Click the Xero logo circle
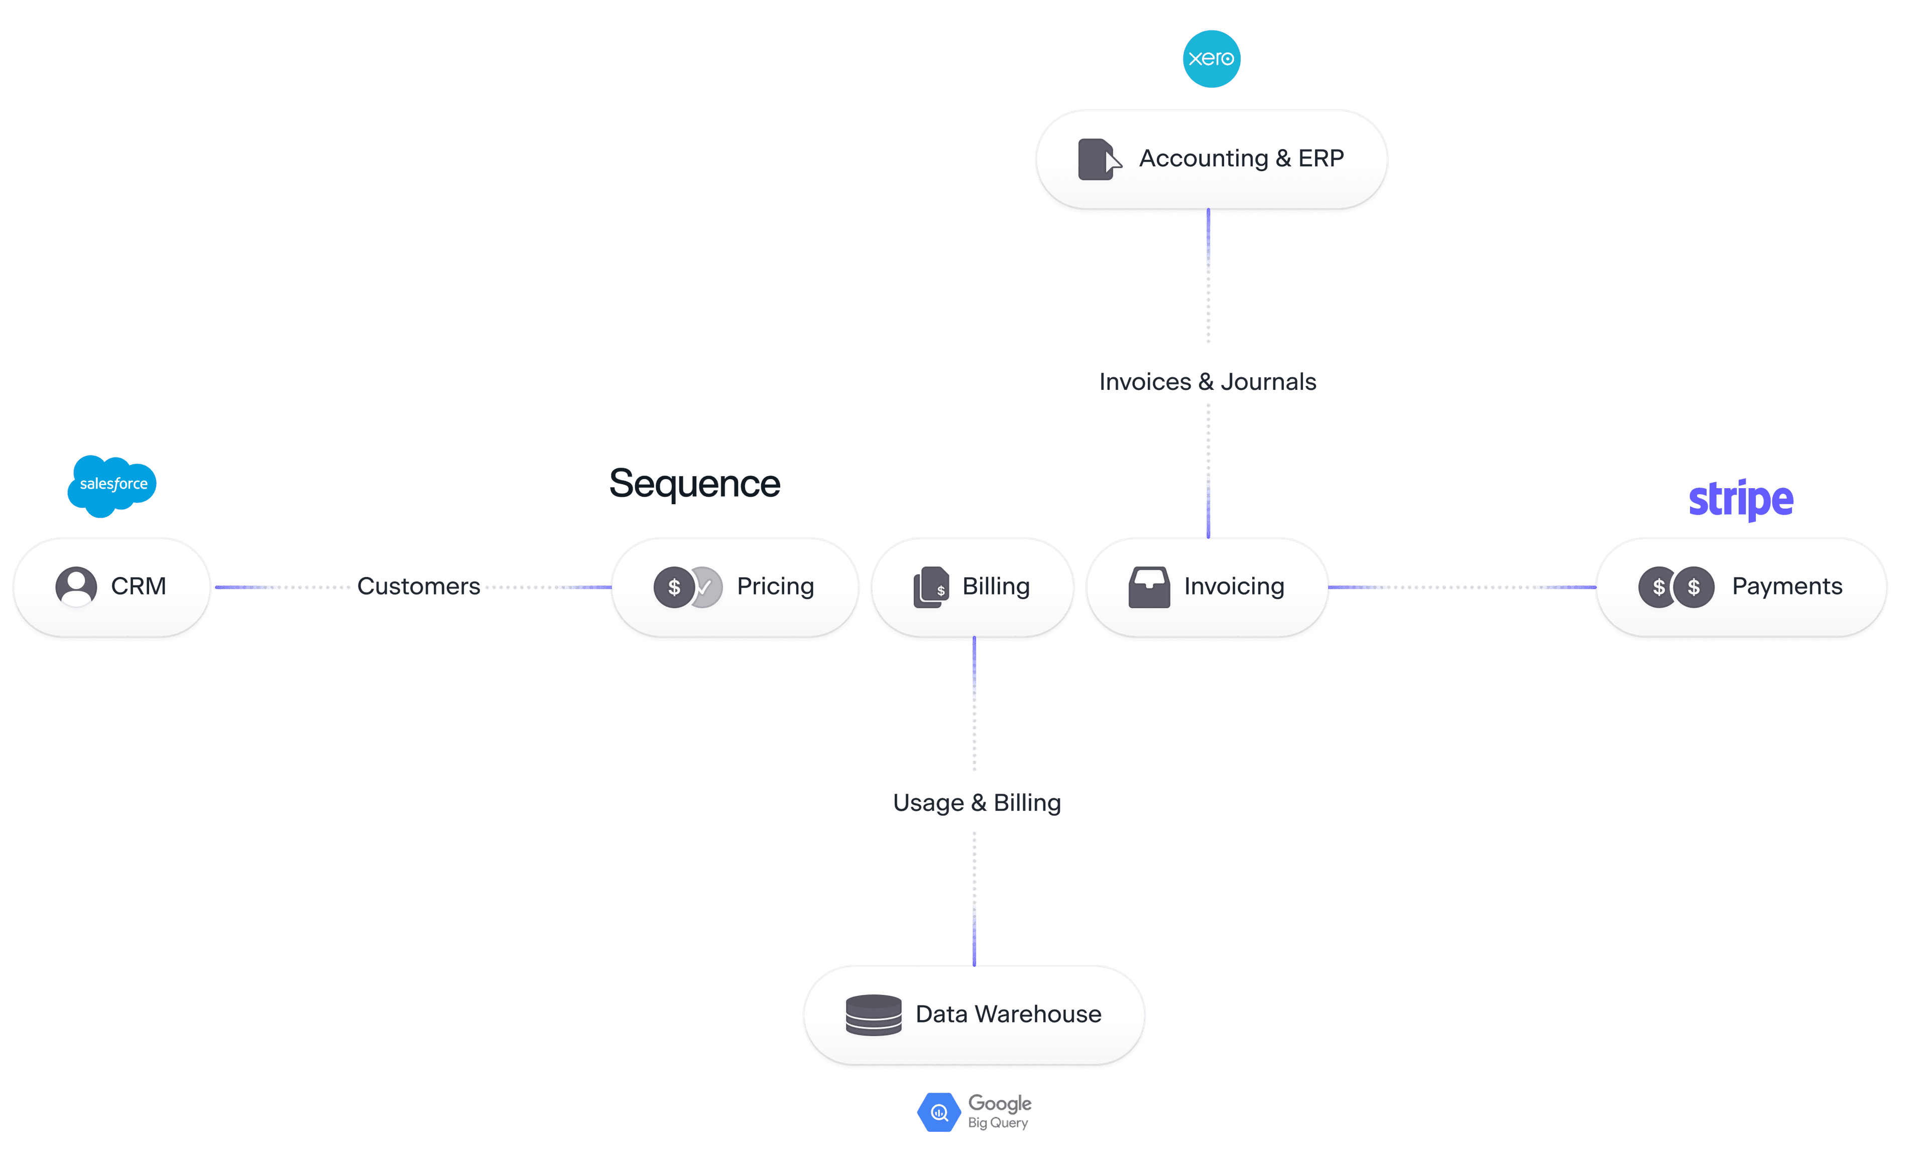pyautogui.click(x=1211, y=59)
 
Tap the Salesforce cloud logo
pyautogui.click(x=112, y=484)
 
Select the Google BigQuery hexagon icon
pyautogui.click(x=939, y=1112)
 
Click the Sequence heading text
pyautogui.click(x=694, y=483)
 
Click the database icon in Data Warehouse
pyautogui.click(x=873, y=1015)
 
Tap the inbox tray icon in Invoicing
pyautogui.click(x=1149, y=586)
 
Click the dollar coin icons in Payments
pyautogui.click(x=1676, y=586)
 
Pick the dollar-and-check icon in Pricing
pyautogui.click(x=687, y=586)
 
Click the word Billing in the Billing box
pyautogui.click(x=995, y=586)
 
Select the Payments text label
pyautogui.click(x=1786, y=586)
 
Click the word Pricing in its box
pyautogui.click(x=775, y=586)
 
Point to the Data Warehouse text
pyautogui.click(x=1008, y=1014)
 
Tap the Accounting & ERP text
pyautogui.click(x=1241, y=159)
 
